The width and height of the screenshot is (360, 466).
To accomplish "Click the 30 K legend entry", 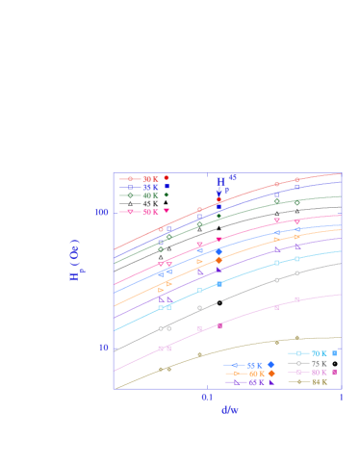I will coord(149,178).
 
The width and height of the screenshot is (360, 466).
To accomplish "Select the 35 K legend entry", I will coord(149,187).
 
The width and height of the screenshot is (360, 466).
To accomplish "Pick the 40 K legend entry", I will coord(149,195).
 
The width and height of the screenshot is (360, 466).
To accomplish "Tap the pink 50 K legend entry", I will coord(149,211).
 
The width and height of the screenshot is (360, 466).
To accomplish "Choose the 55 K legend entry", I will coord(253,365).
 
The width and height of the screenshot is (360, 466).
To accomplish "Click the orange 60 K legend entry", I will coord(254,374).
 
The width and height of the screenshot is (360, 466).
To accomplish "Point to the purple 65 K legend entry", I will coord(254,382).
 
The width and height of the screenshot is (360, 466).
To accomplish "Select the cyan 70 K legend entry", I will coord(318,354).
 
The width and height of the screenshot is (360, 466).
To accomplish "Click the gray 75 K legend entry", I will coord(318,364).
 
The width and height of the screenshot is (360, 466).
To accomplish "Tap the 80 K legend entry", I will coord(318,373).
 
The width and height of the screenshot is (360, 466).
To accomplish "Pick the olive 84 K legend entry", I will coord(318,382).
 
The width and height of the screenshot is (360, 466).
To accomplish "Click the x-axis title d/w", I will coord(228,409).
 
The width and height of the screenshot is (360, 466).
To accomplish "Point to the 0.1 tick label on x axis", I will coord(207,397).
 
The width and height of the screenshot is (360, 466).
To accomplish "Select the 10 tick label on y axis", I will coord(104,348).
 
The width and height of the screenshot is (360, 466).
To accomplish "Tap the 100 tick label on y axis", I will coord(102,212).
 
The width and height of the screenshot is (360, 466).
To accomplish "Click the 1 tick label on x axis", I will coord(341,397).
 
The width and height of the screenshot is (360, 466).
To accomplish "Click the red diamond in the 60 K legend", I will coord(271,374).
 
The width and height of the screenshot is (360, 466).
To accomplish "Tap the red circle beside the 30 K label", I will coord(166,178).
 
